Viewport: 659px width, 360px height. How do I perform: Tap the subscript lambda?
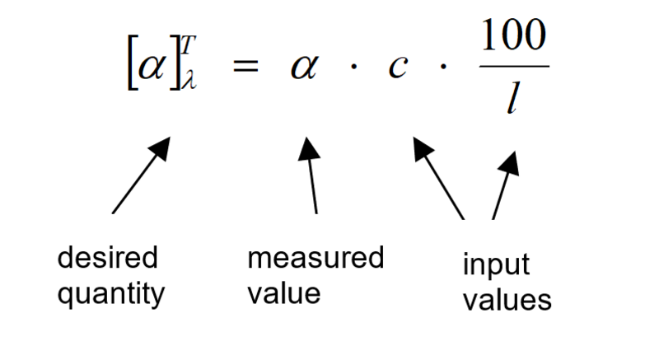189,82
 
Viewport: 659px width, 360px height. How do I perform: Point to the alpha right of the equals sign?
303,68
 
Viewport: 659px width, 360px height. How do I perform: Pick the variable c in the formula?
398,68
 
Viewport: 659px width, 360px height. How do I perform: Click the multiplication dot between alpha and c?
352,68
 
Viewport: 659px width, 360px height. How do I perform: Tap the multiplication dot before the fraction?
446,68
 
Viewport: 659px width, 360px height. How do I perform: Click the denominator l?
512,101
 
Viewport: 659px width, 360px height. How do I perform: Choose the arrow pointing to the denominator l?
505,185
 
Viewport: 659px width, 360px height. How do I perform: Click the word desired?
107,259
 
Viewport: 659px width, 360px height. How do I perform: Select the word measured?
315,259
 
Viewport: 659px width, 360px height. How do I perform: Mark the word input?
495,265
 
